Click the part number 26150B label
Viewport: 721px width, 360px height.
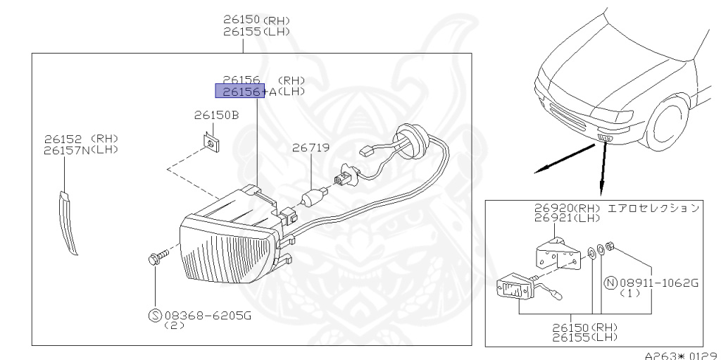216,115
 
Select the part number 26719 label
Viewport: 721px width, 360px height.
311,148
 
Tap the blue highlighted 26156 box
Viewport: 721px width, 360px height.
240,91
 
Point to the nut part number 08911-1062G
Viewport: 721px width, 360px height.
659,283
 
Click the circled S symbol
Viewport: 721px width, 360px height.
155,316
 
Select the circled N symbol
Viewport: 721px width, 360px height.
610,283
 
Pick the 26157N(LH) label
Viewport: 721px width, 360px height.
81,150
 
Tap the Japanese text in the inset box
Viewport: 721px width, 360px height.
653,208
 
